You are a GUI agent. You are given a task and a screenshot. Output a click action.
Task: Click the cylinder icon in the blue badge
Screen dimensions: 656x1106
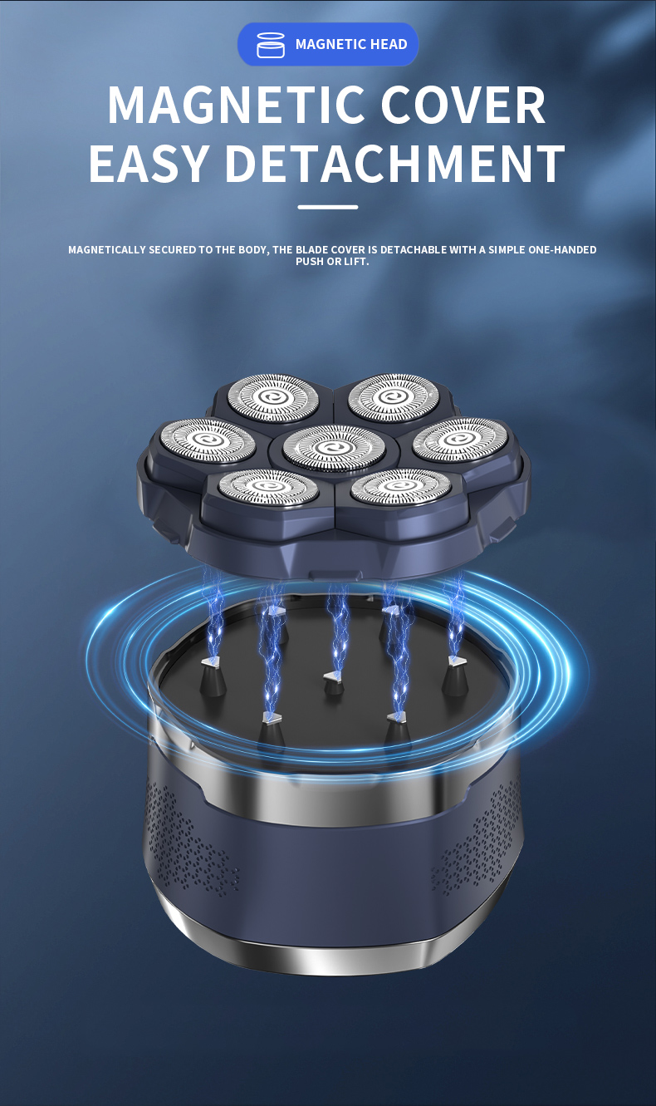(271, 45)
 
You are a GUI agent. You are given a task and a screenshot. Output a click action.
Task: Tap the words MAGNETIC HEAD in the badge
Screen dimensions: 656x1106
(351, 44)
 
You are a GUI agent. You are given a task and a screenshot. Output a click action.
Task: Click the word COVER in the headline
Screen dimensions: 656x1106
(463, 105)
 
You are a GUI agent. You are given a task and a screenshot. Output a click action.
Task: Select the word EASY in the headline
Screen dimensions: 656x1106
(149, 164)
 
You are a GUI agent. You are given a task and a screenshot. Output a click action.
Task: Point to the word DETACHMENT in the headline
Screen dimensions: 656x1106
(395, 164)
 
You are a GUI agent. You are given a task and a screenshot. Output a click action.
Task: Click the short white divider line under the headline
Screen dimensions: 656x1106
(327, 208)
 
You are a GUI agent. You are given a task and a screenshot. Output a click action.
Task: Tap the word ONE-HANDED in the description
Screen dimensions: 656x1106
(562, 250)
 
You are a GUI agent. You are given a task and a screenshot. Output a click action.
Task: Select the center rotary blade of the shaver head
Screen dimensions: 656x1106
(334, 447)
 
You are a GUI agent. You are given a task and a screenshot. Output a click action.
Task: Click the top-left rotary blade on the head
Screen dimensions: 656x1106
(272, 397)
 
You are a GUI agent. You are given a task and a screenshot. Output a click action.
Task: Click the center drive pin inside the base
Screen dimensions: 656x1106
(334, 683)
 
